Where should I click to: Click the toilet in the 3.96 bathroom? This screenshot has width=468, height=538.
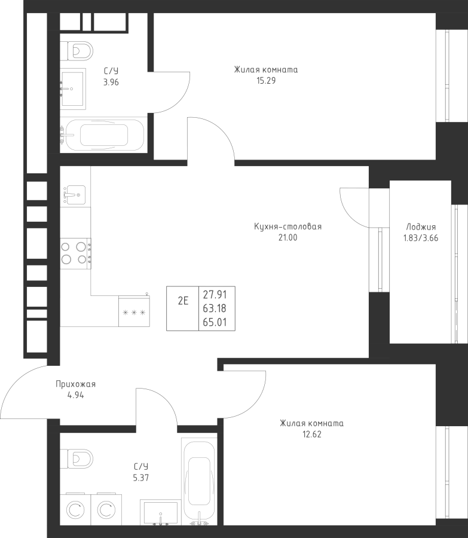tap(77, 51)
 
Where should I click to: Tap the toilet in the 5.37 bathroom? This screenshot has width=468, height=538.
tap(77, 458)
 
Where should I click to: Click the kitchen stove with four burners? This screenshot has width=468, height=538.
tap(76, 253)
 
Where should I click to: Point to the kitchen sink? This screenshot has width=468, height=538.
tap(73, 195)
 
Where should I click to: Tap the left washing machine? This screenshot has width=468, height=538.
tap(75, 510)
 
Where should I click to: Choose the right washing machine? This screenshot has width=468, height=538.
tap(106, 510)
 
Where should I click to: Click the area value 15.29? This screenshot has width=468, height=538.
tap(266, 81)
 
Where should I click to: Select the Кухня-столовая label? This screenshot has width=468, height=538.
tap(288, 227)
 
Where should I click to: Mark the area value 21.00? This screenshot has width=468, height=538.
tap(288, 237)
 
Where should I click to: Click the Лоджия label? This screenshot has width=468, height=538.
tap(421, 227)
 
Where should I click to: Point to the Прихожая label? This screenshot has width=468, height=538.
tap(75, 384)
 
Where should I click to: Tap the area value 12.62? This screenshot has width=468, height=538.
tap(312, 435)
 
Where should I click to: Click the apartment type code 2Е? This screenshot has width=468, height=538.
tap(183, 301)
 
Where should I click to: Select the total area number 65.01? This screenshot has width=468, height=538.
tap(215, 322)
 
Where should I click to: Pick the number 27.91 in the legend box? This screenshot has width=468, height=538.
tap(215, 294)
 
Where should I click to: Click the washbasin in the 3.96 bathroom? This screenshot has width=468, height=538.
tap(73, 88)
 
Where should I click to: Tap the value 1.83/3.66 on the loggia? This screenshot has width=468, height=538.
tap(421, 238)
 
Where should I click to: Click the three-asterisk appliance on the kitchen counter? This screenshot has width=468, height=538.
tap(134, 311)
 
